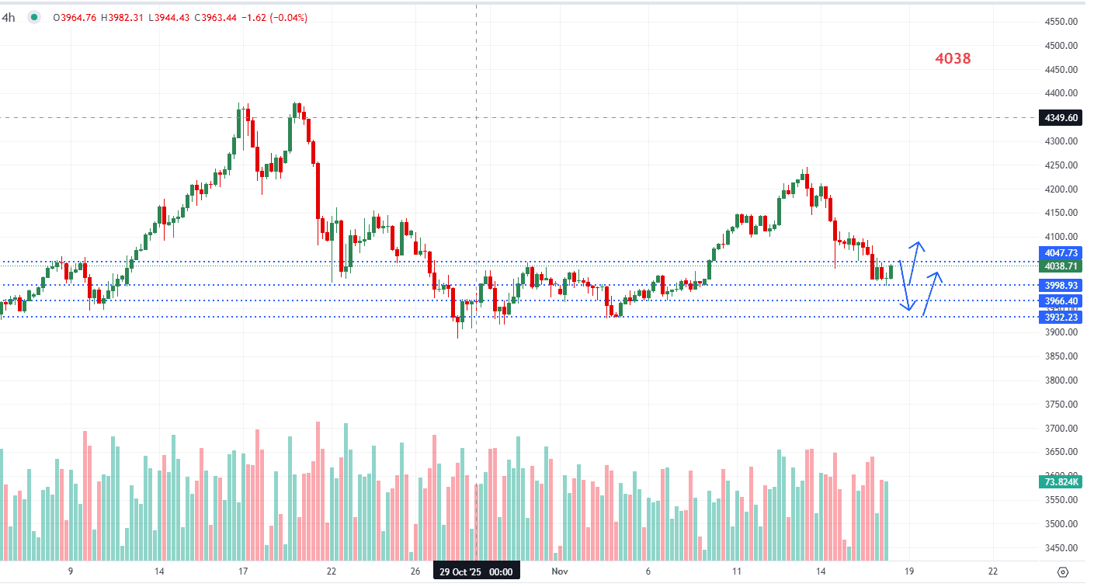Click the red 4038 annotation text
[x=952, y=58]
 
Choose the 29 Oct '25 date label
[x=476, y=571]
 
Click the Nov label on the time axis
[x=560, y=571]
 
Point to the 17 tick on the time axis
[x=243, y=571]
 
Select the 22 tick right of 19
[x=993, y=571]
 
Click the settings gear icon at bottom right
[x=1063, y=571]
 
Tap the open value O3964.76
[x=75, y=18]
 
